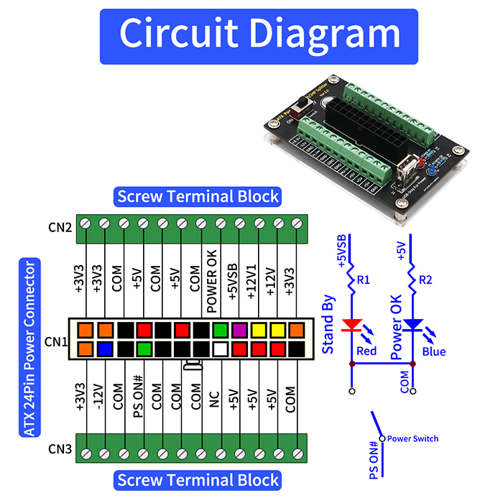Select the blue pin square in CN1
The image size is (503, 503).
click(105, 349)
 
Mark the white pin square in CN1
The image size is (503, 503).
click(221, 349)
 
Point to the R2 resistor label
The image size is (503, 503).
click(425, 280)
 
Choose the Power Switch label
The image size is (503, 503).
click(412, 438)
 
